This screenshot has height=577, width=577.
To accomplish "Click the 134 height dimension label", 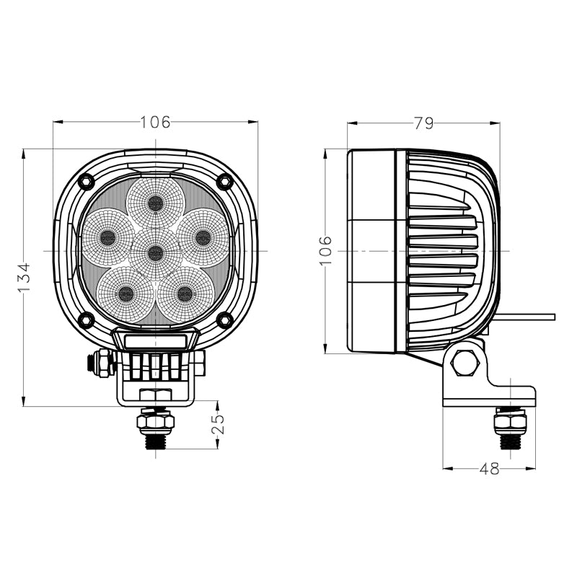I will (x=25, y=277).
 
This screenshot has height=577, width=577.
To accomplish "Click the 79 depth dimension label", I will (x=423, y=123).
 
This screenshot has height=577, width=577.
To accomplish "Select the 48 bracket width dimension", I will (x=489, y=469).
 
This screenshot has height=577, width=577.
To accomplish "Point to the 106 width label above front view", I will (x=155, y=122).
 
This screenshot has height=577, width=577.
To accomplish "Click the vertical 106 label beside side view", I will (x=325, y=250).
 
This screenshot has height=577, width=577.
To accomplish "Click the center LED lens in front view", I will (x=155, y=252).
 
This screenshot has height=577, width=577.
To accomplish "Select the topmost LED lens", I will (x=155, y=203).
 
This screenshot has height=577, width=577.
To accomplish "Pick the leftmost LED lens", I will (x=107, y=237).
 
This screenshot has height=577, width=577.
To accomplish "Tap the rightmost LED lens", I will (x=203, y=237).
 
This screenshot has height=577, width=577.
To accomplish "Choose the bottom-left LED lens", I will (x=125, y=294).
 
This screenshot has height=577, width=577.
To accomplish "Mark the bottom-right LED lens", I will (x=185, y=294).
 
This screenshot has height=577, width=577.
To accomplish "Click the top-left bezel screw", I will (x=86, y=180).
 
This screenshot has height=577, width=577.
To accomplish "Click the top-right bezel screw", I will (x=224, y=180).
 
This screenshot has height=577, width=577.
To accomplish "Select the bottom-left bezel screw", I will (x=86, y=320).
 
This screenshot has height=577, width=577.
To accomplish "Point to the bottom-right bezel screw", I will (x=224, y=320).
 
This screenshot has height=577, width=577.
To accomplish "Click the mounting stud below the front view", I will (x=155, y=430).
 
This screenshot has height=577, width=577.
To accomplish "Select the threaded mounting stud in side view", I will (x=510, y=430).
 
